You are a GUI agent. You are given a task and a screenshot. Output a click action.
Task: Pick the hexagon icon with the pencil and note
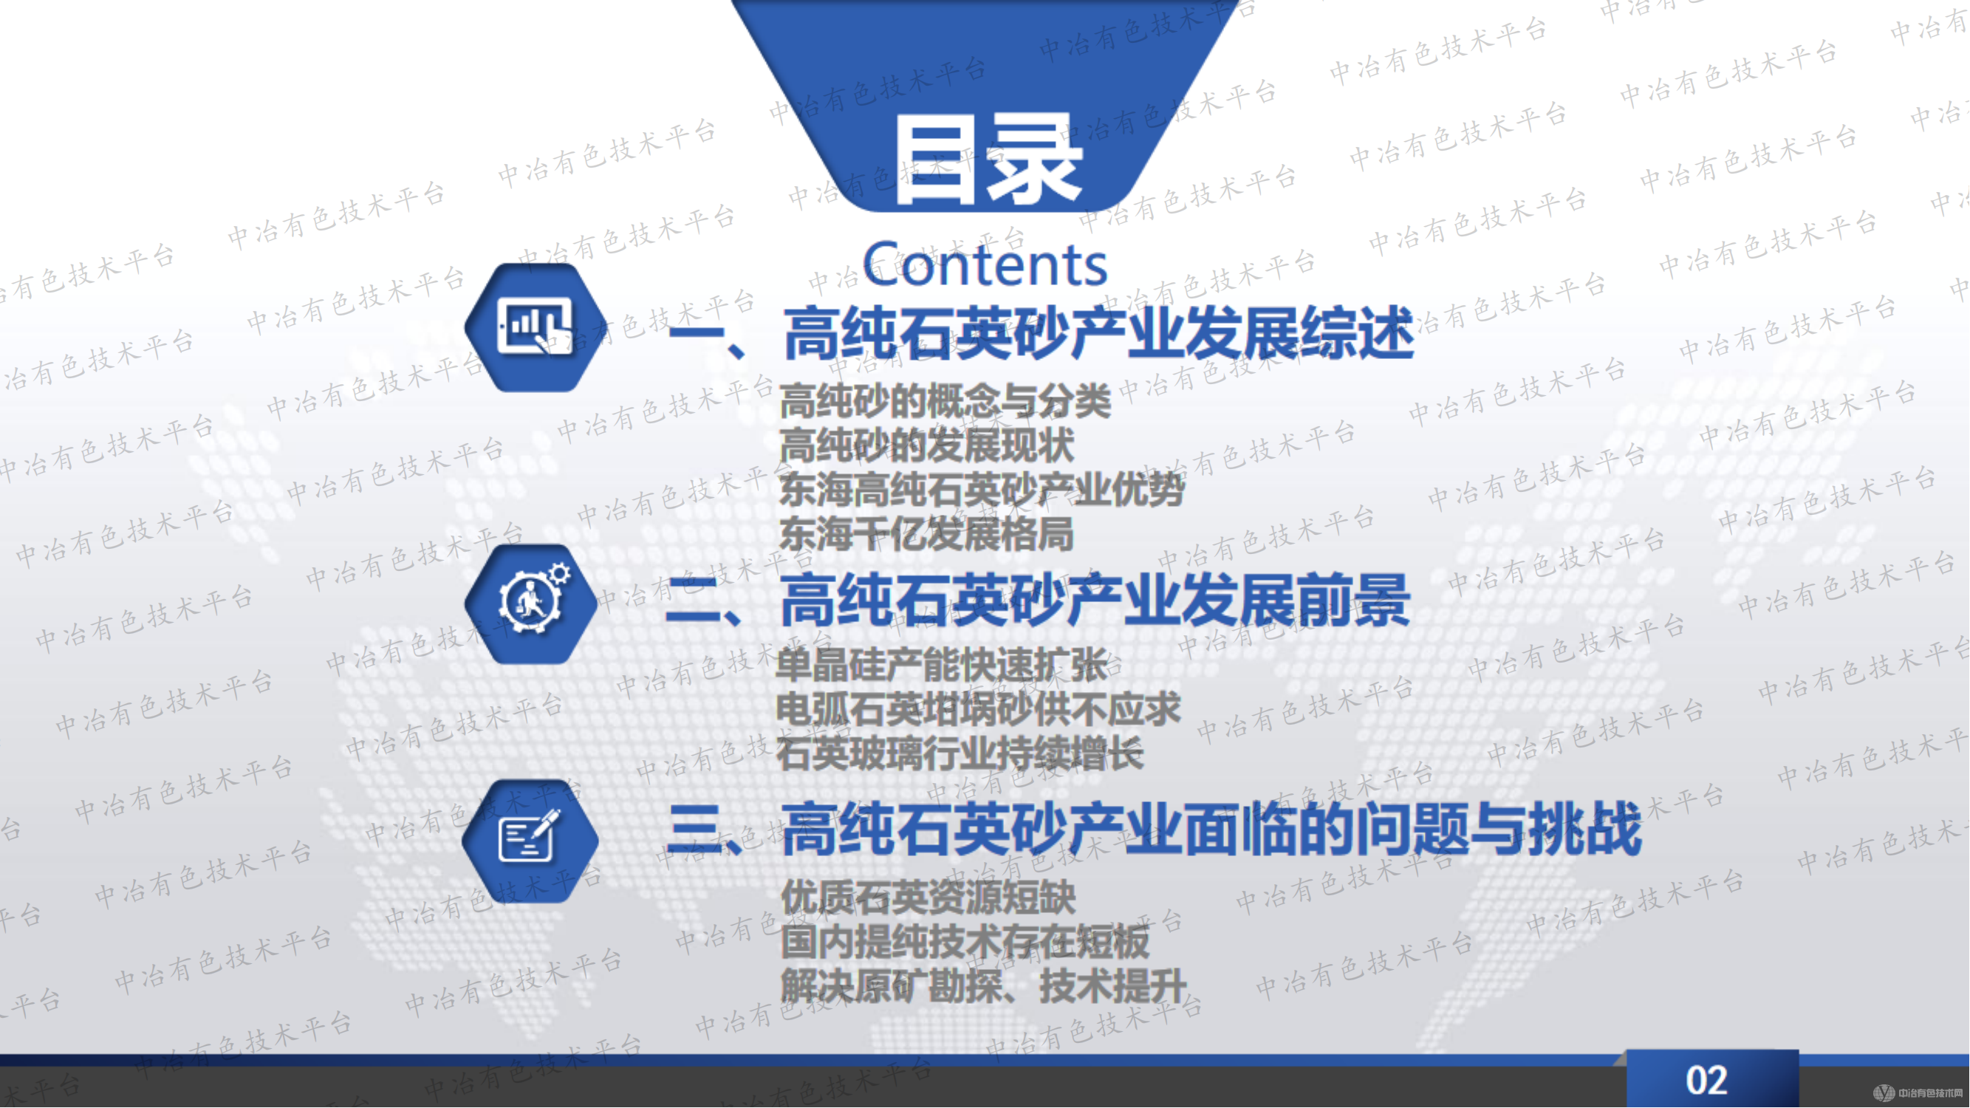pos(531,841)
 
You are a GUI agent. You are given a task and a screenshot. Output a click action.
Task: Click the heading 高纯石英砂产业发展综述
pos(1098,334)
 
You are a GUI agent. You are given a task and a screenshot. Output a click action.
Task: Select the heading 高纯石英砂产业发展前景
pos(1095,602)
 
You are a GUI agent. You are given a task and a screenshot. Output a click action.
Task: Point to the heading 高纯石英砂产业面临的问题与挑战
pos(1210,830)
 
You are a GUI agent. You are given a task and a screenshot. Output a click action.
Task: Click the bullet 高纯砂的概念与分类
pos(945,401)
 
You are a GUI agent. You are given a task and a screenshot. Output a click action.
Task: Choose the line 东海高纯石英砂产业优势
pos(982,490)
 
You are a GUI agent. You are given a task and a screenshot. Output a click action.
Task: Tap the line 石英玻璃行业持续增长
pos(960,754)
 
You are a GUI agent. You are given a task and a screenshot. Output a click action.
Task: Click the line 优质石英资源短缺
pos(928,897)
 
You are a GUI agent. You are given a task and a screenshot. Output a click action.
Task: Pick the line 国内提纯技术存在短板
pos(965,942)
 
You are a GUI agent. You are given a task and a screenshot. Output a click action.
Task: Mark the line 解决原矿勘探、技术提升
pos(983,986)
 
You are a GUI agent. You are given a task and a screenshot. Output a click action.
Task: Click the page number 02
pos(1707,1081)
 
